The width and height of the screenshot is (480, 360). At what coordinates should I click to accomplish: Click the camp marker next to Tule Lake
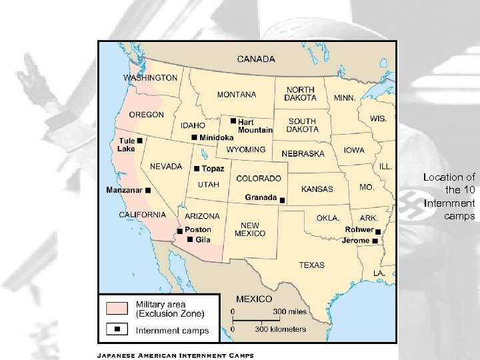(x=141, y=141)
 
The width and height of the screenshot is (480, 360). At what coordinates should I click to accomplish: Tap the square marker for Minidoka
(x=194, y=137)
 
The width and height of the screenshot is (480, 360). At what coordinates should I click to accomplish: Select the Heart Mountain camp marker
(x=233, y=121)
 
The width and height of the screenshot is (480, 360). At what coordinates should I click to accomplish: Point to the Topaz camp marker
(x=197, y=168)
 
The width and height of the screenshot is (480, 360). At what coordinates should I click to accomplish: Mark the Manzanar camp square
(x=148, y=190)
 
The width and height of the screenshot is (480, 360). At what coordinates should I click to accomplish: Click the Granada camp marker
(x=282, y=200)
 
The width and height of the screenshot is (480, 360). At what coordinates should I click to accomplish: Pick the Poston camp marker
(x=179, y=230)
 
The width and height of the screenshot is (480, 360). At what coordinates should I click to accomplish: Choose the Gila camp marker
(x=190, y=239)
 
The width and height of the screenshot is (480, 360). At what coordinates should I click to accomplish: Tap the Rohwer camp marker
(x=378, y=231)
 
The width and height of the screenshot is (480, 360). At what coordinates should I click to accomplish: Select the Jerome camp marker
(x=376, y=240)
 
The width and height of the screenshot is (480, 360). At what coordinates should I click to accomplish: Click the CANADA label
(x=256, y=59)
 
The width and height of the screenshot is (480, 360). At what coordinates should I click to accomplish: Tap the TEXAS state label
(x=311, y=265)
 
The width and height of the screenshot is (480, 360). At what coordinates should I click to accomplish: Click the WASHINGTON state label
(x=150, y=77)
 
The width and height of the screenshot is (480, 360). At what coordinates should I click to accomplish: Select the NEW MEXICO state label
(x=250, y=229)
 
